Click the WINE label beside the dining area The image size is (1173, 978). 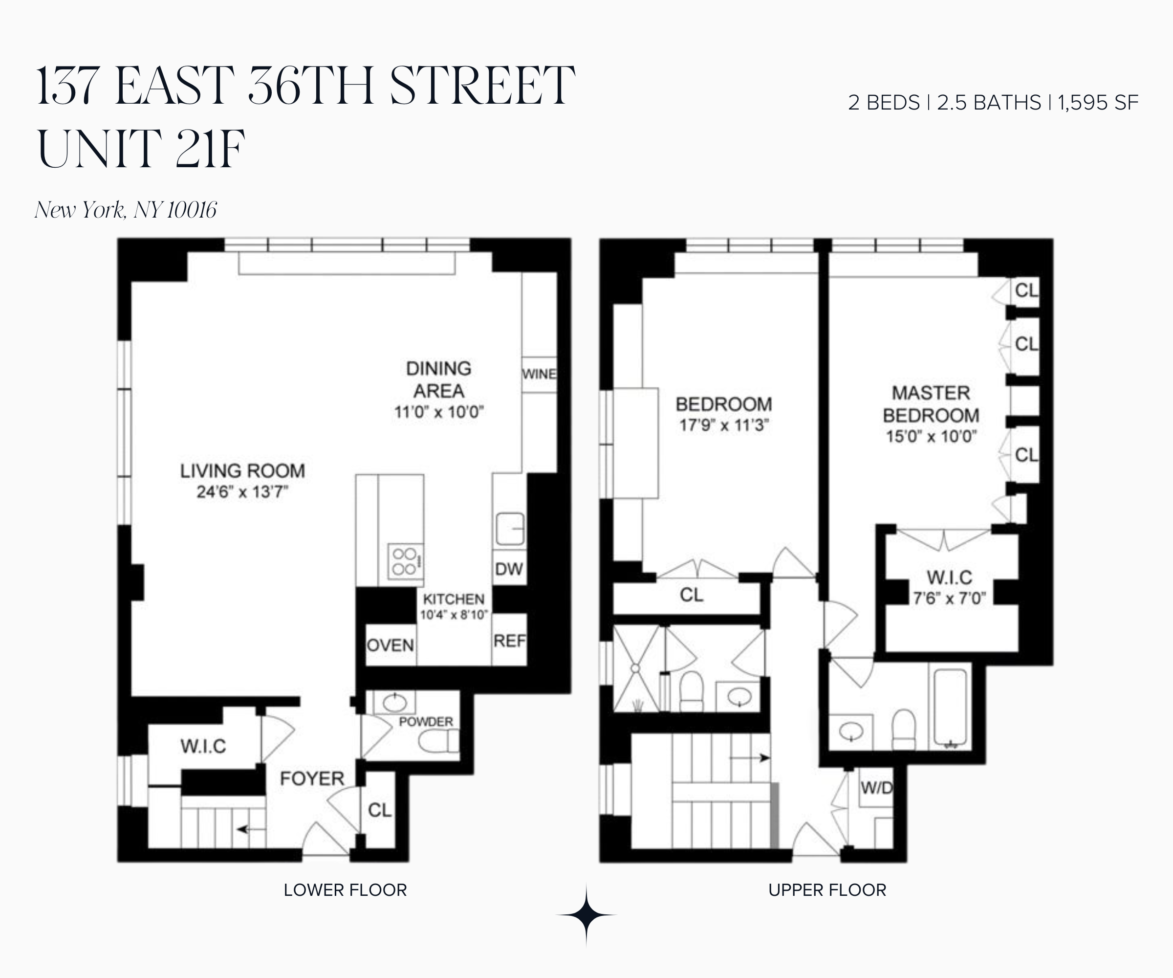tap(539, 374)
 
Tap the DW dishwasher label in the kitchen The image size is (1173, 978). tap(509, 569)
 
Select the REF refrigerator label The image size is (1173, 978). tap(509, 641)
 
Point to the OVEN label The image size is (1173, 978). tap(391, 645)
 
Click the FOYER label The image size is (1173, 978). tap(312, 778)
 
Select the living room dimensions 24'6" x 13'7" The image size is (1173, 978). tap(242, 492)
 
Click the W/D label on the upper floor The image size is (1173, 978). tap(876, 788)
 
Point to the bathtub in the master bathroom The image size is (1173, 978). tap(950, 707)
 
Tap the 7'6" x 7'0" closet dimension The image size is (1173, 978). tap(950, 599)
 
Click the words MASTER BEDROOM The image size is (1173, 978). tap(931, 404)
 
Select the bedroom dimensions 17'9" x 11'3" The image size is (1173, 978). tap(724, 425)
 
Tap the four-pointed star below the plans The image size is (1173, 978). tap(586, 915)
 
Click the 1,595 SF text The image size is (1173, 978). tap(1098, 103)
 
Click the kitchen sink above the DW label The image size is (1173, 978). tap(510, 528)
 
